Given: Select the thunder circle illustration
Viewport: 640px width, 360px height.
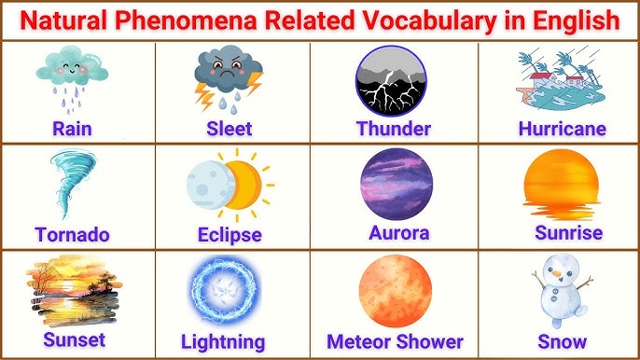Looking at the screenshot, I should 392,79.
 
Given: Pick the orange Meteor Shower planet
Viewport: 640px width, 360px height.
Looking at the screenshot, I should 395,290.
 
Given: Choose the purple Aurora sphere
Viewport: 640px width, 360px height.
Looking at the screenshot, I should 396,182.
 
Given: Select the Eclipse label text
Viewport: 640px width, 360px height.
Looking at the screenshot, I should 229,234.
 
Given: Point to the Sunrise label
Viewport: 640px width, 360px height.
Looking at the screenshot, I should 568,232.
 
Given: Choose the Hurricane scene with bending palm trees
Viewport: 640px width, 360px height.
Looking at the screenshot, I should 561,78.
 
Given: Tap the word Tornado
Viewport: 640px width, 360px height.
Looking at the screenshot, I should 72,234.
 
